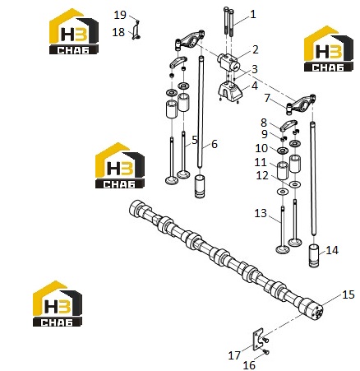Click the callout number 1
[253, 14]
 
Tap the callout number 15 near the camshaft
[348, 294]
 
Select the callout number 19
[120, 15]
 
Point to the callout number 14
[332, 250]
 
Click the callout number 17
[234, 355]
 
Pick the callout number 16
[249, 365]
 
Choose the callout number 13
[261, 213]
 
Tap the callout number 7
[267, 98]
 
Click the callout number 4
[255, 86]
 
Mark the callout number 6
[215, 144]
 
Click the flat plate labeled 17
[256, 340]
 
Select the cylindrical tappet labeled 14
[314, 256]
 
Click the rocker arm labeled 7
[301, 104]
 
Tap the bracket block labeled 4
[230, 91]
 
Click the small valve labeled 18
[136, 31]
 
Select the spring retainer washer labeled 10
[282, 151]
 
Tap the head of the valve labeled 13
[282, 249]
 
